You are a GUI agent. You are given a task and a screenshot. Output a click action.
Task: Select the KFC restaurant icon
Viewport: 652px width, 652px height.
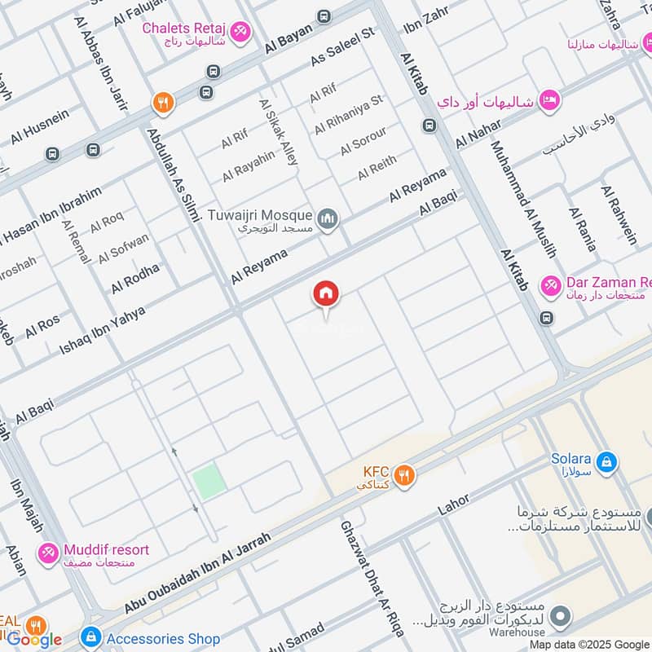coord(403,474)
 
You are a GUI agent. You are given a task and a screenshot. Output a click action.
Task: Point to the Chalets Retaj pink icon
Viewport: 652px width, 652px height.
coord(240,32)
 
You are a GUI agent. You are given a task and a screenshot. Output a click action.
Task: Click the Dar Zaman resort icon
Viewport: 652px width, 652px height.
coord(551,285)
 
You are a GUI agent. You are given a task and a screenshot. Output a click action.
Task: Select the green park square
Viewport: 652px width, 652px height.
coord(209,482)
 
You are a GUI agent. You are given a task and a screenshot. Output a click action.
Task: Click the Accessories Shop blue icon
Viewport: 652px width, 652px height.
coord(91,637)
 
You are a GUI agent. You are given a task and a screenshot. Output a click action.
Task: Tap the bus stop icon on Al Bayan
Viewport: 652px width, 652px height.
coord(324,16)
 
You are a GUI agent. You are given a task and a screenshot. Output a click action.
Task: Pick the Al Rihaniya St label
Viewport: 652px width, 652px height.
coord(348,114)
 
